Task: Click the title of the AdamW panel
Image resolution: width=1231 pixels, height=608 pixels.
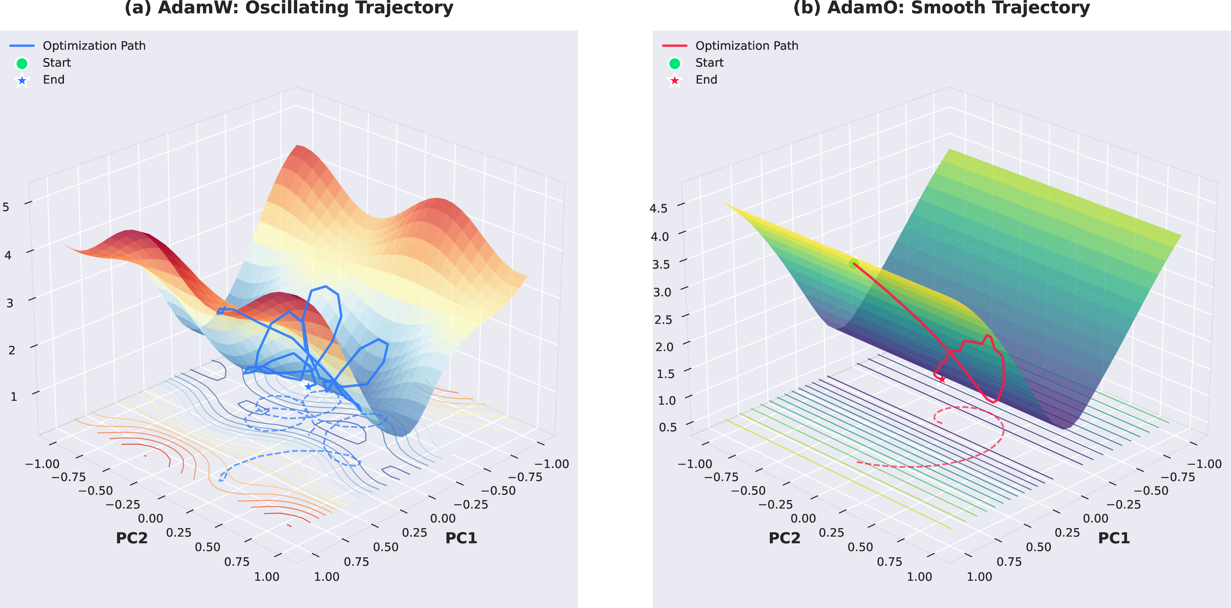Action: tap(289, 8)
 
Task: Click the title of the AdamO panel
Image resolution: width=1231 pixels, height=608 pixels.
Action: tap(941, 8)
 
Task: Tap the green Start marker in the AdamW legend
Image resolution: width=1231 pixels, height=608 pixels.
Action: tap(22, 63)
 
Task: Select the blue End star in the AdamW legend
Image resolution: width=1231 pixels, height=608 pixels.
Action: tap(22, 80)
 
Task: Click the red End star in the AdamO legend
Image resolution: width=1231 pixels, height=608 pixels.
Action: tap(674, 80)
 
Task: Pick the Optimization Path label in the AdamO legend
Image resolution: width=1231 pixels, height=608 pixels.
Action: tap(746, 46)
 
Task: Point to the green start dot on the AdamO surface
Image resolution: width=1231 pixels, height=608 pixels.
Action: tap(853, 263)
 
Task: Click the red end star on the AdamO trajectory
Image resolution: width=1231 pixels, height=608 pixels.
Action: tap(941, 379)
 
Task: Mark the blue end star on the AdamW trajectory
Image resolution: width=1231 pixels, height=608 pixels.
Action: tap(308, 386)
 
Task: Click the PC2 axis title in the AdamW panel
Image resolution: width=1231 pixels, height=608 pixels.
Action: tap(132, 538)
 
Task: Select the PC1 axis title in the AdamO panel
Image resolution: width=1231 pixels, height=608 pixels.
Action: tap(1114, 538)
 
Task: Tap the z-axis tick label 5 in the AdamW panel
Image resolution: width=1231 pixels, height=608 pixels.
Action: tap(6, 207)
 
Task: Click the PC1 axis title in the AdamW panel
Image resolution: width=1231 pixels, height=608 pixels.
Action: tap(461, 538)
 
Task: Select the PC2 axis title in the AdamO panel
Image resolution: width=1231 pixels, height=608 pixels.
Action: tap(784, 538)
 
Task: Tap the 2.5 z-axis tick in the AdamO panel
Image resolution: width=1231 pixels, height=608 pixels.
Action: tap(663, 319)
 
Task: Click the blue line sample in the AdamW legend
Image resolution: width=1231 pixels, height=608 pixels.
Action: tap(22, 46)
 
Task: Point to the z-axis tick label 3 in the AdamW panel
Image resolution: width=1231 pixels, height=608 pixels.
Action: tap(9, 303)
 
